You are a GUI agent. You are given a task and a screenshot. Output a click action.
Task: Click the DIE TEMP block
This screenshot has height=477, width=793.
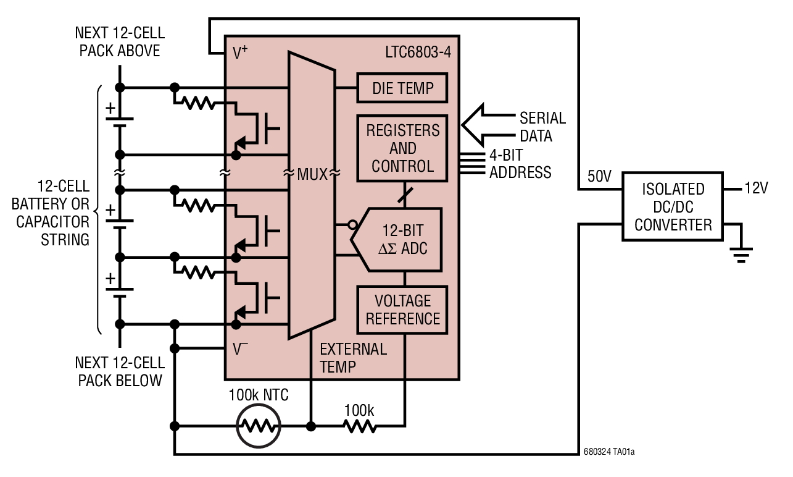(402, 88)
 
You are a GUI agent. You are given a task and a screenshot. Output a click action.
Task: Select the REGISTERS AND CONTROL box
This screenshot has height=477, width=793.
(402, 148)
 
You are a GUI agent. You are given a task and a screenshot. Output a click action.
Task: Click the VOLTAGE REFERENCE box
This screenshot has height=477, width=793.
(402, 310)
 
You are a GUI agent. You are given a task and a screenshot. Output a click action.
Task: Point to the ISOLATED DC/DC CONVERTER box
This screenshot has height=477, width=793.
(673, 207)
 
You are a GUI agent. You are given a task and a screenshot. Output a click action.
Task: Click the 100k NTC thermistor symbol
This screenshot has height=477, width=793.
(259, 426)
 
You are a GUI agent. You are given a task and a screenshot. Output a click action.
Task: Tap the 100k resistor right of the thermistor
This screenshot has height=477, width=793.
(359, 426)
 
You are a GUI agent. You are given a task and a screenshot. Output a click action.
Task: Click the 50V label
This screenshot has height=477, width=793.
(599, 177)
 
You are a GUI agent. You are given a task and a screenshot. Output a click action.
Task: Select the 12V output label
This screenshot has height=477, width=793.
(756, 188)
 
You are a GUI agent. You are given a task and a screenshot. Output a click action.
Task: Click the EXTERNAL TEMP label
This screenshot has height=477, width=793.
(353, 358)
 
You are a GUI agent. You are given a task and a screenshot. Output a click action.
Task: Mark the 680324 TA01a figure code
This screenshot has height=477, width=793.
(608, 452)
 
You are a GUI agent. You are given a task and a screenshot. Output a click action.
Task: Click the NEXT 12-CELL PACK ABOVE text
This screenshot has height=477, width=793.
(120, 41)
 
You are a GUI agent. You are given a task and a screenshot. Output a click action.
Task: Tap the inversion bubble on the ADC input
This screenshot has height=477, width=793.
(352, 225)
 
